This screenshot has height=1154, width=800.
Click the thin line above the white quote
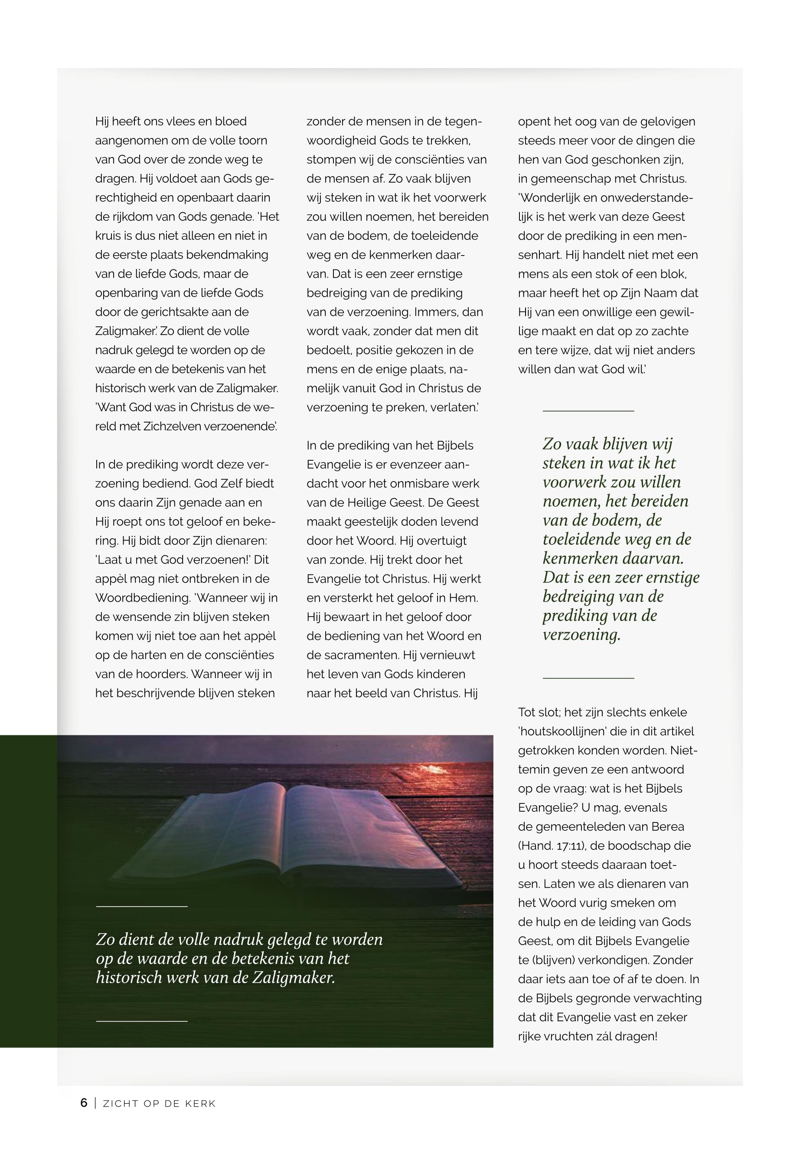[x=141, y=906]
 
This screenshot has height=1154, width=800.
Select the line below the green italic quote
[x=588, y=678]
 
